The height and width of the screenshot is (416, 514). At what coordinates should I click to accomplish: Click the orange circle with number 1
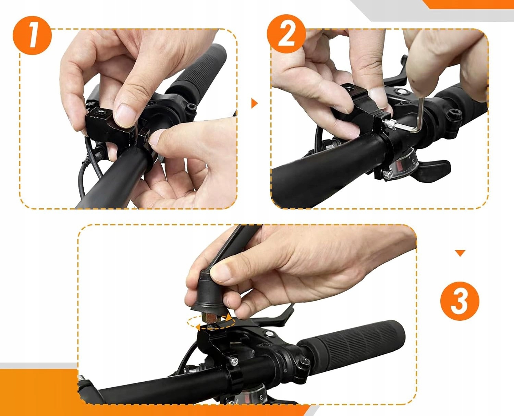[32, 36]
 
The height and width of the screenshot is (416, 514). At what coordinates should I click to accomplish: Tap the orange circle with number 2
[286, 34]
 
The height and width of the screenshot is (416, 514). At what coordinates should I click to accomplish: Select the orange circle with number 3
[460, 301]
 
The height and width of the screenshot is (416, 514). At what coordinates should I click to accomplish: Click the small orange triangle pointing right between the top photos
[254, 103]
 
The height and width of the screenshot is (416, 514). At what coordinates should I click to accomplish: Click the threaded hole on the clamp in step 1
[100, 113]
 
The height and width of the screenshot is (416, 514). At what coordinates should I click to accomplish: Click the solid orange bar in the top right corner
[468, 4]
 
